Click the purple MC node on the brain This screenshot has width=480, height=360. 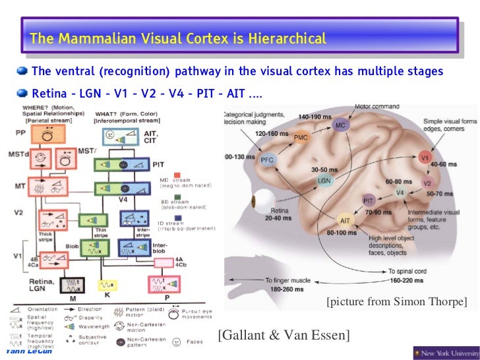pyautogui.click(x=340, y=125)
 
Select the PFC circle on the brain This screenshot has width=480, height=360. pyautogui.click(x=268, y=159)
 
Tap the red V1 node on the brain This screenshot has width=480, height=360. pyautogui.click(x=425, y=158)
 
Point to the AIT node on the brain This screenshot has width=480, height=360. pyautogui.click(x=345, y=220)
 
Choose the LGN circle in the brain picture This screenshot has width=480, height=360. pyautogui.click(x=324, y=180)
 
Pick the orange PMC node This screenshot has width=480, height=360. pyautogui.click(x=301, y=137)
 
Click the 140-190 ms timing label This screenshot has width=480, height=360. pyautogui.click(x=313, y=116)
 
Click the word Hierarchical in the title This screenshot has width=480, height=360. pyautogui.click(x=287, y=39)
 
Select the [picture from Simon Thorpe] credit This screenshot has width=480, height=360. pyautogui.click(x=396, y=302)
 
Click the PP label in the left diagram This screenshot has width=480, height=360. pyautogui.click(x=20, y=133)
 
